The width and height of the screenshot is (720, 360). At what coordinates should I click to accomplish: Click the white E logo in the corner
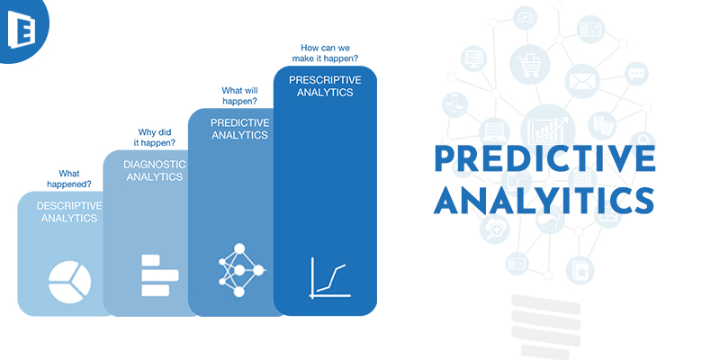[19, 28]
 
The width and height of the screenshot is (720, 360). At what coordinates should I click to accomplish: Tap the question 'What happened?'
[69, 179]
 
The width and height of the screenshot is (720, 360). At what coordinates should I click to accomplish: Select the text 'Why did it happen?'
[154, 138]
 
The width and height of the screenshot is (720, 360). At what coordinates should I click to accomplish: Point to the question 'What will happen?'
[239, 96]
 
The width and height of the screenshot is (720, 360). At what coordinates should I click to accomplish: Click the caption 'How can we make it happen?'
[325, 53]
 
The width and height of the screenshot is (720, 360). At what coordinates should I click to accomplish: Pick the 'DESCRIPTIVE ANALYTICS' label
[69, 211]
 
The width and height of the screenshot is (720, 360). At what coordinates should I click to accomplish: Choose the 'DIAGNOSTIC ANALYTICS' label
[155, 170]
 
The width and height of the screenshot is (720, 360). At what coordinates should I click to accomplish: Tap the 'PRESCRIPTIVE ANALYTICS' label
[325, 85]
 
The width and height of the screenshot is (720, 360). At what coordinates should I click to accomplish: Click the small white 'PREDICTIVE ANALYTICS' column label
[239, 129]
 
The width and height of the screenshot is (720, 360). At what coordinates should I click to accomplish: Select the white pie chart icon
[70, 282]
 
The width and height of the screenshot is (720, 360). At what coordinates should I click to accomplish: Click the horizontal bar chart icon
[160, 275]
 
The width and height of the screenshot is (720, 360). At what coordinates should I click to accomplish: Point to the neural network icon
[240, 270]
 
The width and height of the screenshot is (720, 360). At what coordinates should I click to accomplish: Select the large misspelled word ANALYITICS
[544, 200]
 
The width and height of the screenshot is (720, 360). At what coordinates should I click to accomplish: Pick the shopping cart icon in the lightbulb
[530, 65]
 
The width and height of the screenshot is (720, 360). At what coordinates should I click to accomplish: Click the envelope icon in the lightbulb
[582, 81]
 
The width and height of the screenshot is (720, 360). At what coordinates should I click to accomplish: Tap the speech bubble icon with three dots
[636, 74]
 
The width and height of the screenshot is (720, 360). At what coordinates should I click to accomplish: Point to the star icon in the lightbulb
[580, 272]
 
